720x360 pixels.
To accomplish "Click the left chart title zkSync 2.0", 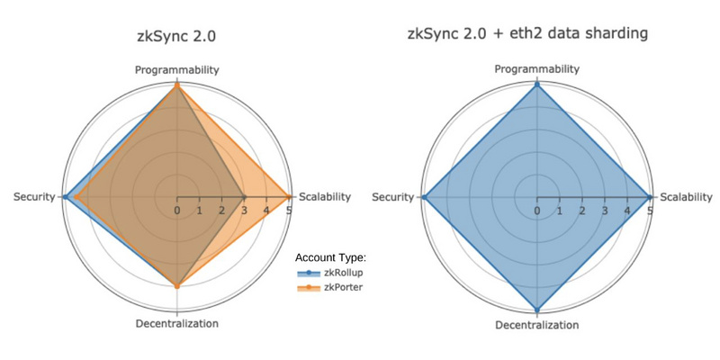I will tap(176, 37).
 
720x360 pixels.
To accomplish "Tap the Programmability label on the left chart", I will tap(176, 69).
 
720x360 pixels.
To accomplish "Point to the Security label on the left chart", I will tap(34, 197).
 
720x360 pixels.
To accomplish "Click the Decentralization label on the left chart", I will tap(176, 324).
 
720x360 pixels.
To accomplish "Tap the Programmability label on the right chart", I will tap(537, 69).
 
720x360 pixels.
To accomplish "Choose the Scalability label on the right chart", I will tap(685, 197).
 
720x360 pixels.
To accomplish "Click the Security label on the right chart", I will tap(393, 197).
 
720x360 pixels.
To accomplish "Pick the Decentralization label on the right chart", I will tap(537, 325).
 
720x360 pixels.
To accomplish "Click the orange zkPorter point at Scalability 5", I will tap(289, 196).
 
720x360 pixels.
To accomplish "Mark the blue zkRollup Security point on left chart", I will tap(65, 196).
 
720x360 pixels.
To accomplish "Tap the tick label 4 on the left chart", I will tap(266, 211).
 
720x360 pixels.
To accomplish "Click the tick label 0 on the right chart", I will tap(537, 211).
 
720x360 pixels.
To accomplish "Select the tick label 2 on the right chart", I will tap(582, 211).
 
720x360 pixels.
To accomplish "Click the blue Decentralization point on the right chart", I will tap(537, 309).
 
